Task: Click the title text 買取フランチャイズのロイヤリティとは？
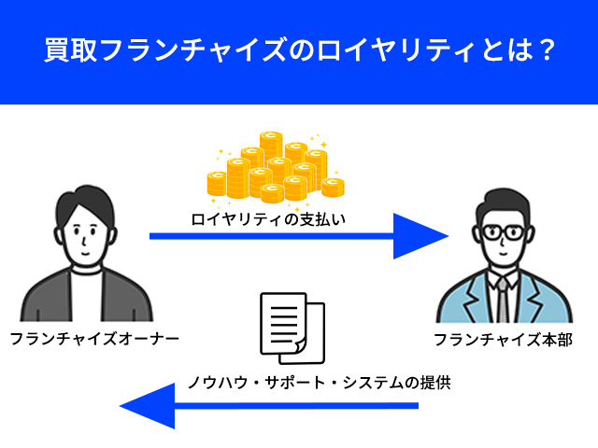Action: coord(299,50)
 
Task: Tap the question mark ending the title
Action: coord(541,50)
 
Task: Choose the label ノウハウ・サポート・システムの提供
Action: coord(318,382)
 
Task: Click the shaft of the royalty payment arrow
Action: coord(271,236)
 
